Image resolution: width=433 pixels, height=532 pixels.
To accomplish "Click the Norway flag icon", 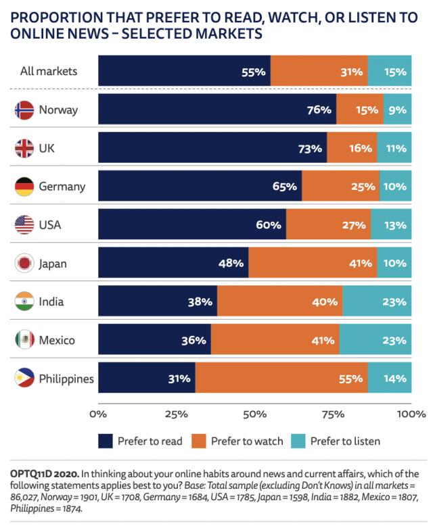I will tap(24, 110).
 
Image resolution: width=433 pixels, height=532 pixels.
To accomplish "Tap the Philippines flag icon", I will tap(24, 379).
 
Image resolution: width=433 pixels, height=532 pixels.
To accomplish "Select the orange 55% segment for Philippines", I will tap(281, 379).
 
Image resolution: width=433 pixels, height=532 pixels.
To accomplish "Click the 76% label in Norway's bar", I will tap(318, 110).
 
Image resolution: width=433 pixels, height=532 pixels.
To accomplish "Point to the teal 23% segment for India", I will tap(377, 301).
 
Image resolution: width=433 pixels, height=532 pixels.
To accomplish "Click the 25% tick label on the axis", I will tap(177, 412).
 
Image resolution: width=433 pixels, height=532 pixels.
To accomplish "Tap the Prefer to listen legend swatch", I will tap(298, 441).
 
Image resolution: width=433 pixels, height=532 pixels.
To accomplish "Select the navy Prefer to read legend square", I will tap(105, 441).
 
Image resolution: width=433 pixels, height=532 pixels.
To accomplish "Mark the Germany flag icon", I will tap(24, 187).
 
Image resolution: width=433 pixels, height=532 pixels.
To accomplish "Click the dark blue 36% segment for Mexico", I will tap(154, 340).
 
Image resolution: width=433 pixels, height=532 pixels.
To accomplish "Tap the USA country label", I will tap(50, 225).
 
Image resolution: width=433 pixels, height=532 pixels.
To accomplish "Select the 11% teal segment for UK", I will tap(394, 148).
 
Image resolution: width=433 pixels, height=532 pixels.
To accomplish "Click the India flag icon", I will tap(24, 301).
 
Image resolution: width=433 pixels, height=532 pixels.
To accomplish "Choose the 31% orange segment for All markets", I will tap(319, 70).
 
